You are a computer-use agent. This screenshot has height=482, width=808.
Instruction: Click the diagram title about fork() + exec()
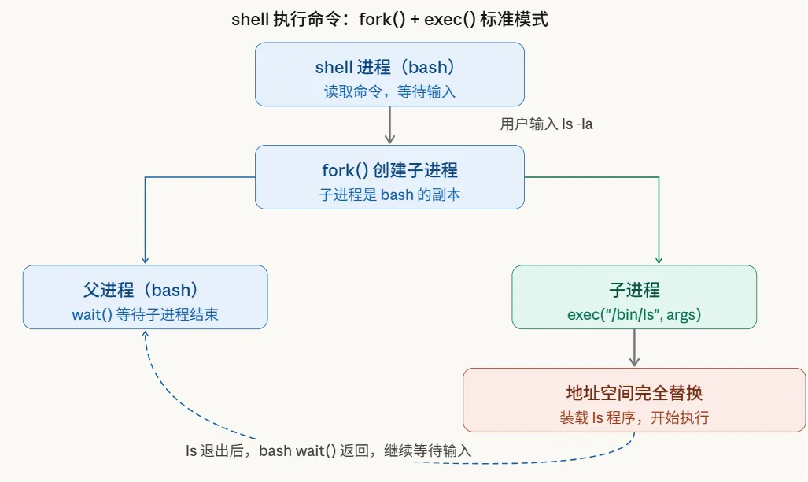tap(389, 20)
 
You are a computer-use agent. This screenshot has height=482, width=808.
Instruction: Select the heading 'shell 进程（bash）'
tap(389, 67)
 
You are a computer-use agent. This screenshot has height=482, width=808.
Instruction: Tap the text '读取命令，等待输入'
tap(389, 91)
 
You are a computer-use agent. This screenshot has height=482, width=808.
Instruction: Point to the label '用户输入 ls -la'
tap(546, 124)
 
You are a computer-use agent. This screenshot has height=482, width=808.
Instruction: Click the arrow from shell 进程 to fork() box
tap(389, 125)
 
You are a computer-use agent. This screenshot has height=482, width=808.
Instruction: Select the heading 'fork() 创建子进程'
tap(389, 169)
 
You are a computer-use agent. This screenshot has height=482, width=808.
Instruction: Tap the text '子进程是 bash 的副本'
tap(389, 195)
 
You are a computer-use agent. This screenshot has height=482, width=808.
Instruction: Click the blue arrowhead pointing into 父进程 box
tap(145, 259)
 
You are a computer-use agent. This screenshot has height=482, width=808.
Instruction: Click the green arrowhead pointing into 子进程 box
tap(659, 259)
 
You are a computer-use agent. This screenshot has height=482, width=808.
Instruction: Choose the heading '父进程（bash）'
tap(145, 290)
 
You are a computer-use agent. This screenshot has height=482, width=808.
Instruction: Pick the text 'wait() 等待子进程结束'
tap(145, 315)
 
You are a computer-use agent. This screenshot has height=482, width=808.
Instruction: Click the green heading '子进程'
tap(634, 290)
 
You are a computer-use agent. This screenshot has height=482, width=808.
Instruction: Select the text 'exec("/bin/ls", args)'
tap(634, 315)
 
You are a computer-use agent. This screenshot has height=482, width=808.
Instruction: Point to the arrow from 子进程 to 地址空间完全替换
tap(634, 347)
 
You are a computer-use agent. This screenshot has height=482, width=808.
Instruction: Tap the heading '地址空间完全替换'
tap(634, 393)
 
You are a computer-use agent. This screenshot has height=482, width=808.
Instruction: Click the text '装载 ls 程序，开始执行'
tap(634, 418)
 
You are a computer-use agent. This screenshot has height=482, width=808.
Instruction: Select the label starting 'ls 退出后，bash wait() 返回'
tap(328, 451)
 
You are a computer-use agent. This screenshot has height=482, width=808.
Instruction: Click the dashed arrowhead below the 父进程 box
tap(146, 334)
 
